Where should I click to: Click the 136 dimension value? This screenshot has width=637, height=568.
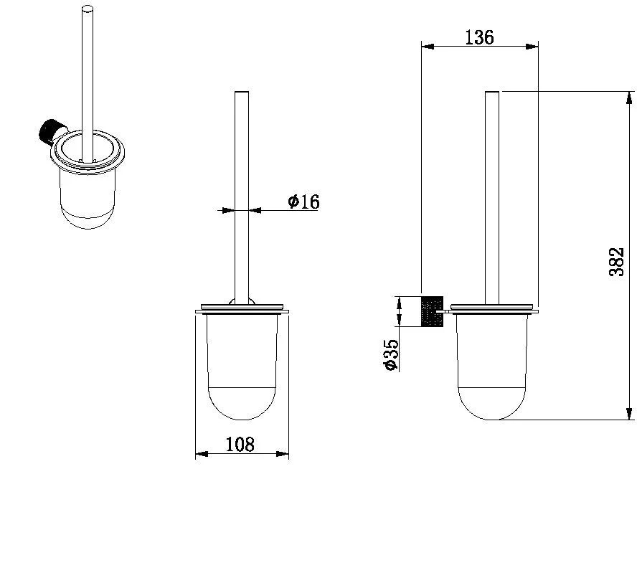(x=479, y=37)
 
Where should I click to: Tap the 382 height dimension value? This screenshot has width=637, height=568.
(x=616, y=262)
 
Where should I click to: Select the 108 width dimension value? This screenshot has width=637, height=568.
(x=240, y=445)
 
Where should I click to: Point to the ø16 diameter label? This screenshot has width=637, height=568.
(x=304, y=202)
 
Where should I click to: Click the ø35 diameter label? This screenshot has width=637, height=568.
(x=391, y=355)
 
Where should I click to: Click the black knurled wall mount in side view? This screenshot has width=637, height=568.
(x=433, y=311)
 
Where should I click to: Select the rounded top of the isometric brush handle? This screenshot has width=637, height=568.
(x=88, y=9)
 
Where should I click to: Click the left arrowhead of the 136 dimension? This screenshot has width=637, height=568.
(x=428, y=47)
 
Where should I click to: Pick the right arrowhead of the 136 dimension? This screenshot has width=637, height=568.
(x=532, y=47)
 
